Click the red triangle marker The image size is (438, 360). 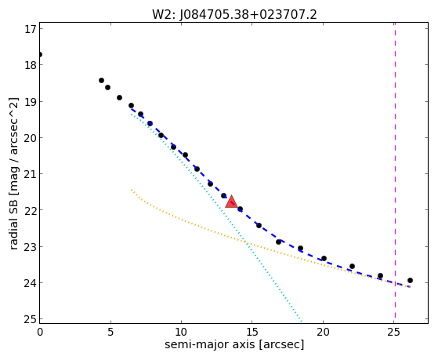click(x=231, y=202)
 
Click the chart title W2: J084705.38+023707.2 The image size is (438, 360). click(x=234, y=15)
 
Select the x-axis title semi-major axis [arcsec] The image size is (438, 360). click(x=234, y=344)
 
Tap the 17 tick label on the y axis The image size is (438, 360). click(x=31, y=29)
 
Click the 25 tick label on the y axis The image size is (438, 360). click(x=31, y=319)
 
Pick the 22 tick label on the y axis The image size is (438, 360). click(x=31, y=210)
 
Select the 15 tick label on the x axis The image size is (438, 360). click(x=252, y=332)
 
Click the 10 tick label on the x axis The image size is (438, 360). click(x=181, y=332)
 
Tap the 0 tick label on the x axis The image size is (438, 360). click(x=40, y=332)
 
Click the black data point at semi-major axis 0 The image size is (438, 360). click(x=40, y=54)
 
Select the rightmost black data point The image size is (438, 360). click(x=410, y=280)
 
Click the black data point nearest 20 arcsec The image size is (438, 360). click(x=324, y=258)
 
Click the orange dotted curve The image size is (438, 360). click(x=246, y=242)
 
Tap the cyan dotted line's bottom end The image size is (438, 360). click(x=301, y=321)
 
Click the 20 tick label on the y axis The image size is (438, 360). click(x=31, y=137)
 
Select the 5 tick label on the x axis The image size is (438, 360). click(x=110, y=332)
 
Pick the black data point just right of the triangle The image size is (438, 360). click(x=240, y=209)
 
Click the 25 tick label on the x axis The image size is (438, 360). click(x=393, y=332)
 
